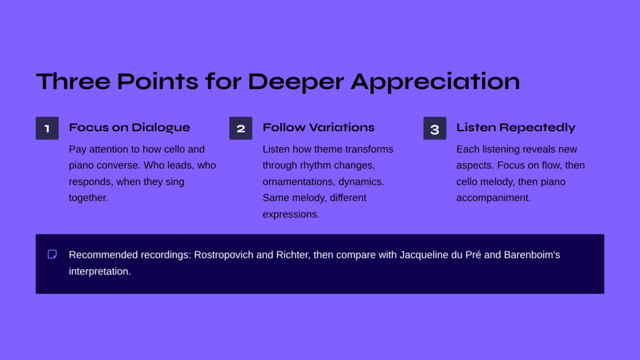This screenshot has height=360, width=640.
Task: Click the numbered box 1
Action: tap(47, 128)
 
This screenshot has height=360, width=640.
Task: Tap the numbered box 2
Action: tap(241, 128)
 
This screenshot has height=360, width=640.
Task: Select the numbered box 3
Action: tap(435, 128)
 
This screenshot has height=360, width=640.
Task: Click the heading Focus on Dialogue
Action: tap(129, 127)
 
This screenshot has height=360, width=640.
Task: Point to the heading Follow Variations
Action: tap(318, 127)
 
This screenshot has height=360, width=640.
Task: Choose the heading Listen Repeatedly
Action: tap(516, 127)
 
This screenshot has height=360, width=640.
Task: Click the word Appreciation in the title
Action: tap(435, 82)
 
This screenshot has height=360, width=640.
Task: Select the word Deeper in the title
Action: tap(296, 82)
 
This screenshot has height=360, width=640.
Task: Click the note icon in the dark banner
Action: tap(52, 254)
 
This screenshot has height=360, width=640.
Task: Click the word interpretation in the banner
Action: tap(99, 271)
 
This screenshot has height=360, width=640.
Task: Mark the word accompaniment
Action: tap(494, 198)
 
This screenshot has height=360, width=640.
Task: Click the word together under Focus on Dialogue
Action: tap(89, 198)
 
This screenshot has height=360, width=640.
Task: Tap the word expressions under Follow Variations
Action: tap(291, 214)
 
